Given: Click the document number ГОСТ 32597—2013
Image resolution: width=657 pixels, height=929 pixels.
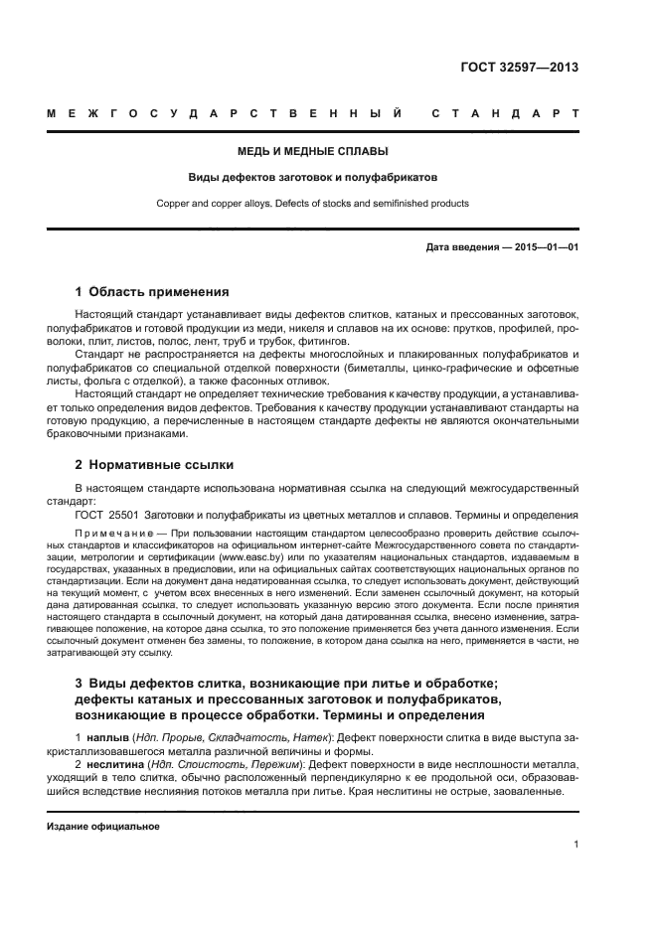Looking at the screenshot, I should click(519, 69).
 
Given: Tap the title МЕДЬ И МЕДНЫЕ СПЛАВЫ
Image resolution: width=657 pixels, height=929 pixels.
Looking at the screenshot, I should click(312, 152).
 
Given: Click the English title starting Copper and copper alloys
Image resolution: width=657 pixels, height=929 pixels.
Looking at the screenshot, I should click(312, 204).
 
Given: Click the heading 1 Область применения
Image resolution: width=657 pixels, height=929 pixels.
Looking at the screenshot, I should click(152, 292).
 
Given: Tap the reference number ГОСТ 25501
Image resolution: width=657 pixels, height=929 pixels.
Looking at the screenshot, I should click(107, 515).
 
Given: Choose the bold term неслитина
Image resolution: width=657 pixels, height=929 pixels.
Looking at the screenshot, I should click(113, 766).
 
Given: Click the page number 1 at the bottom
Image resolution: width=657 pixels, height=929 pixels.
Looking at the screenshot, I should click(575, 845).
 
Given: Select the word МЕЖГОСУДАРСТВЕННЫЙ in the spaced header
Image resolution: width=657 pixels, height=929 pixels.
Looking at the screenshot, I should click(225, 114).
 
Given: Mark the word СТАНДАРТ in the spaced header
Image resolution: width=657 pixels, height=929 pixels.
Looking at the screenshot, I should click(506, 114).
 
